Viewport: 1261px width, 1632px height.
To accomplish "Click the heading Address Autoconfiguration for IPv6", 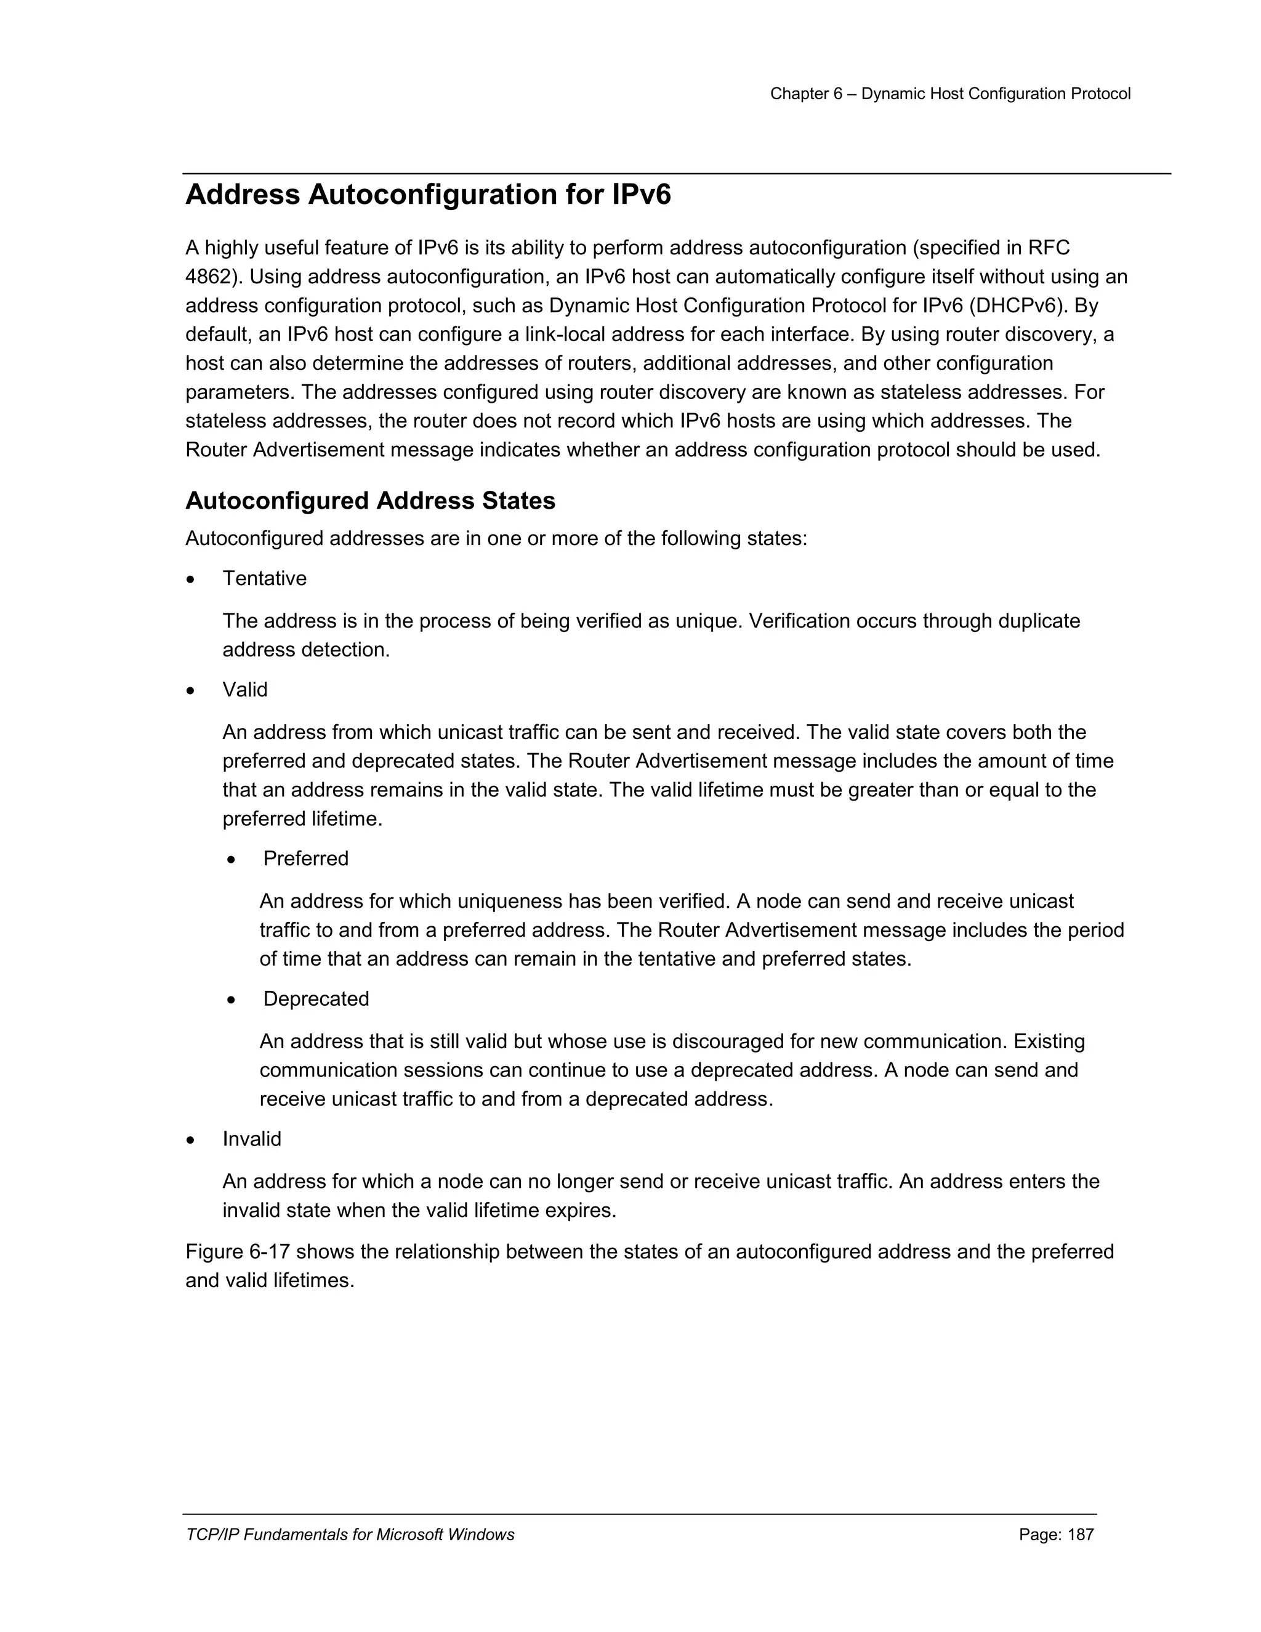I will coord(428,195).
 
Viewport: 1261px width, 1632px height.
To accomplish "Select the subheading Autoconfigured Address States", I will coord(370,501).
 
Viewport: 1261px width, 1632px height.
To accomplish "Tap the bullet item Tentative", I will coord(264,578).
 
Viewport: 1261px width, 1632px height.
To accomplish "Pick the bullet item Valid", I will coord(244,690).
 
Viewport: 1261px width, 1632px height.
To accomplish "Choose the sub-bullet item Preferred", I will coord(305,858).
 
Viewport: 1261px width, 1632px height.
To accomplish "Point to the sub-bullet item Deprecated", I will coord(316,999).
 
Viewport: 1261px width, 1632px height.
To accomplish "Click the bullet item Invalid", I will coord(252,1139).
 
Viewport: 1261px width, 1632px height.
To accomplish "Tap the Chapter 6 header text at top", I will coord(949,94).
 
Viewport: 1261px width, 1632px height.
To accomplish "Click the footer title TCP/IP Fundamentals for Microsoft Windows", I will coord(350,1535).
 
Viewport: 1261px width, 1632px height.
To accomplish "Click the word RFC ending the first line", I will coord(1048,248).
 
